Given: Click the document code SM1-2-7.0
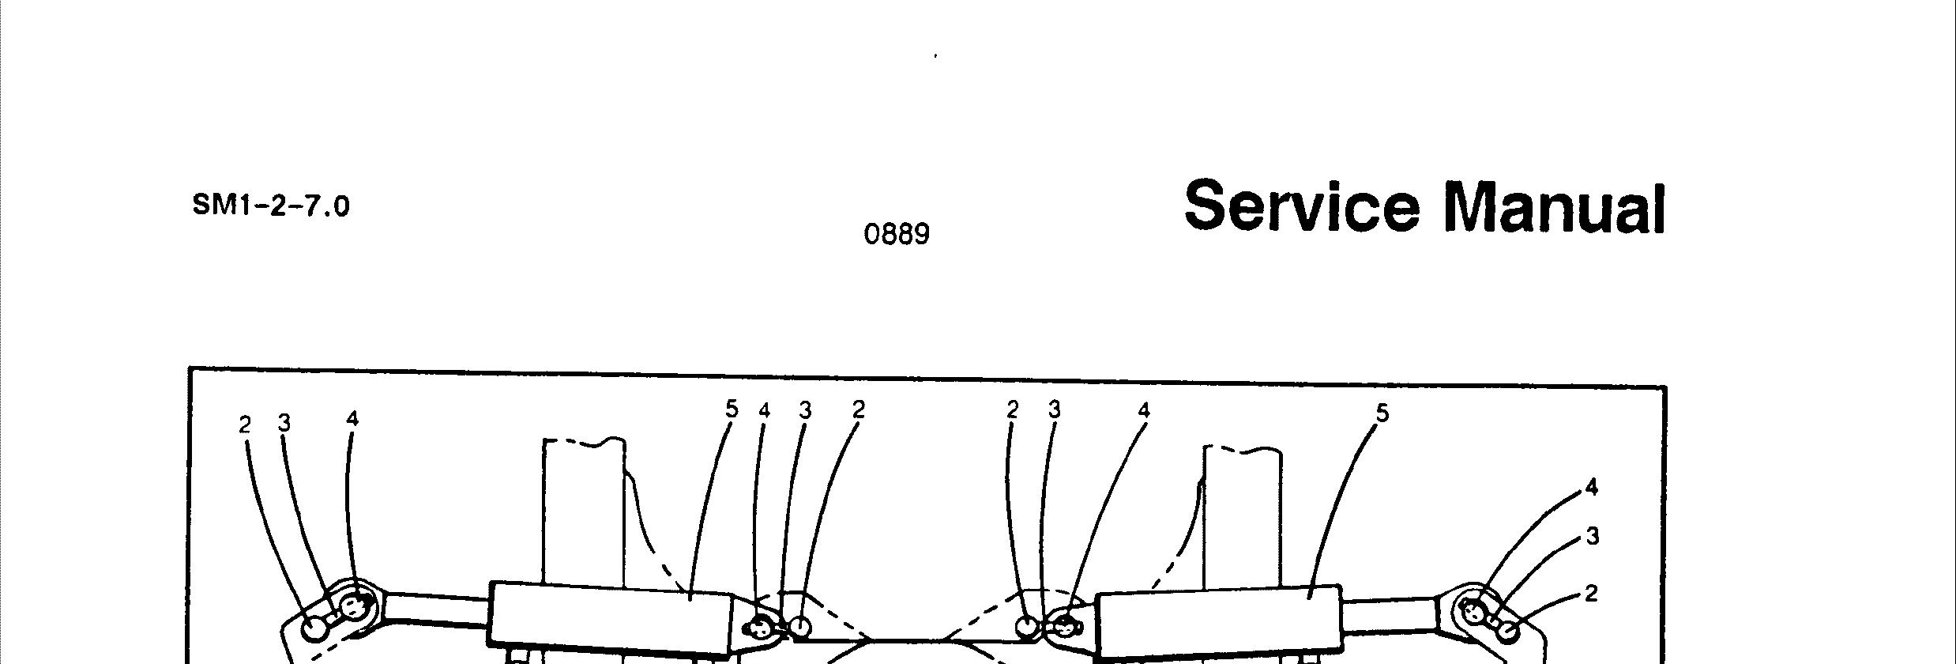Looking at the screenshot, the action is point(270,207).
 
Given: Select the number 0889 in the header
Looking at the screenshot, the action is point(897,235).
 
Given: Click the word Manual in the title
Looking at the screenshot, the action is point(1554,208).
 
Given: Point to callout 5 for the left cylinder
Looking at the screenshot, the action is point(731,409).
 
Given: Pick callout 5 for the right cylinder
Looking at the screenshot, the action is point(1382,413).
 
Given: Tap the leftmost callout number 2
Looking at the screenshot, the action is point(245,425).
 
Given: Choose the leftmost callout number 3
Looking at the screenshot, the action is point(284,424).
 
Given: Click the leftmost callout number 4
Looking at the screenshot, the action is point(352,419).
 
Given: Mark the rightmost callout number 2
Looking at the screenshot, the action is point(1591,594).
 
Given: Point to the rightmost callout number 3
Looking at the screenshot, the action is point(1592,537).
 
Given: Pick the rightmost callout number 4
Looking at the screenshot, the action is point(1591,488).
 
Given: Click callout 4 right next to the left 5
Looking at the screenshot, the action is point(764,411).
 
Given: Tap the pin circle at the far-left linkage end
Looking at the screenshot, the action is point(314,629).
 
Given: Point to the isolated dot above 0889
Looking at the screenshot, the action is point(936,56).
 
